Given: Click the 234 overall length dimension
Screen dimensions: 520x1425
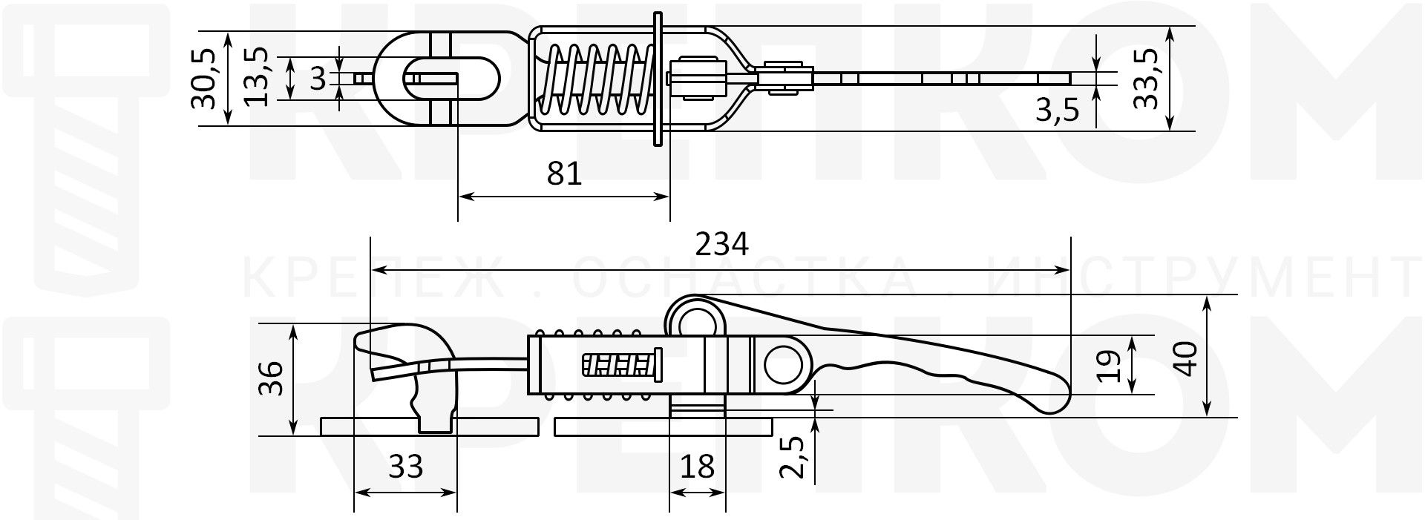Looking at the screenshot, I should click(x=721, y=244).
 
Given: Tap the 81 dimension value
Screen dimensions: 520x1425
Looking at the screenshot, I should click(x=564, y=174).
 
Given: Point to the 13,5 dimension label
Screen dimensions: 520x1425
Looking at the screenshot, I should click(x=256, y=79).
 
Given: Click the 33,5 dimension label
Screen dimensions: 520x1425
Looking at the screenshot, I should click(x=1147, y=79).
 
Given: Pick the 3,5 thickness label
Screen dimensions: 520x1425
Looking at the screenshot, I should click(x=1057, y=111).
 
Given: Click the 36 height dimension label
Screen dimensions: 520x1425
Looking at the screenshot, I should click(x=272, y=378).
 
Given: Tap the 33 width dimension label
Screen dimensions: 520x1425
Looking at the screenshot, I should click(x=406, y=467).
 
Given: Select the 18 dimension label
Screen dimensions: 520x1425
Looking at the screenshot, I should click(x=697, y=467).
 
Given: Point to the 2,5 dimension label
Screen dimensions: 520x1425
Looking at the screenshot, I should click(x=793, y=458).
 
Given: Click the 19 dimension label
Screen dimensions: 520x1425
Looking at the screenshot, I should click(x=1107, y=366).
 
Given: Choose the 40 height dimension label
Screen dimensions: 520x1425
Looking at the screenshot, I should click(x=1187, y=359).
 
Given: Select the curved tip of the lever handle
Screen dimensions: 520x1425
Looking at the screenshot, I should click(x=1054, y=401).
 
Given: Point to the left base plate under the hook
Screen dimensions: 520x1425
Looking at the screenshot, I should click(x=371, y=426).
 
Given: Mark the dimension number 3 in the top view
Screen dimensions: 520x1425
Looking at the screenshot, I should click(x=318, y=79).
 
